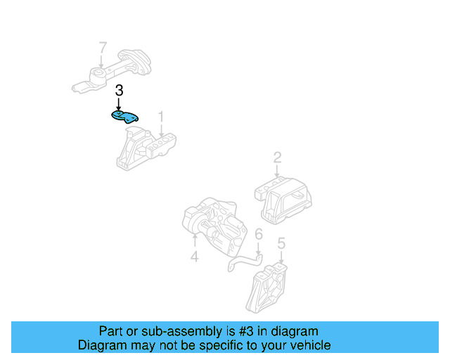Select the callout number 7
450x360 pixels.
coord(103,49)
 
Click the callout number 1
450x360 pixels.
coord(160,116)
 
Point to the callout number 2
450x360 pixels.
coord(277,157)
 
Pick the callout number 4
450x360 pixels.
coord(194,257)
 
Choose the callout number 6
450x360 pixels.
coord(258,234)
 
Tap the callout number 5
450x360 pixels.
coord(281,244)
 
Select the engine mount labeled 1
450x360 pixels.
coord(146,147)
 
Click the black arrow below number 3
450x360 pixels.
coord(120,103)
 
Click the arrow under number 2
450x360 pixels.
coord(277,171)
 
